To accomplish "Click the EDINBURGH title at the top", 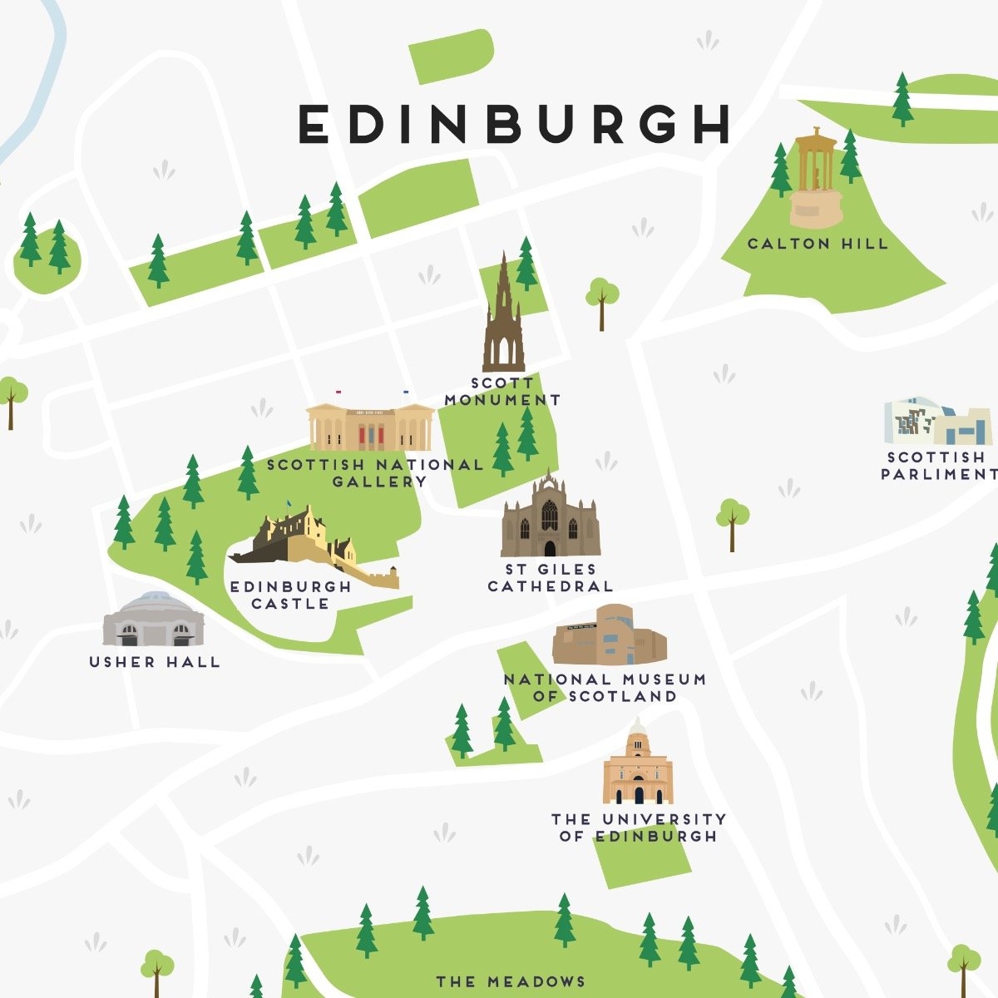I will [x=514, y=124].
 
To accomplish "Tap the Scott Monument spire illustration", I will [x=504, y=320].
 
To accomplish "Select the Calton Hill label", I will [x=818, y=244].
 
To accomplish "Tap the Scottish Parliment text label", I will [x=938, y=466].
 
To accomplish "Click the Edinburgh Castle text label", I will [x=291, y=595].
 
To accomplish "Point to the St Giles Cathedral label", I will [x=551, y=578].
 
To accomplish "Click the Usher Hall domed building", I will [x=153, y=620].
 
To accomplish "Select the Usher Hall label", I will [x=155, y=662].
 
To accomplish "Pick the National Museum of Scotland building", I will [x=609, y=637].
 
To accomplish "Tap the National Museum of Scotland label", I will [x=605, y=688].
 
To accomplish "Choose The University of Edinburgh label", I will [x=639, y=828].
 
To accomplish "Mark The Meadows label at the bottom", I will [x=511, y=982].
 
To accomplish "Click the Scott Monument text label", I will [x=502, y=392].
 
